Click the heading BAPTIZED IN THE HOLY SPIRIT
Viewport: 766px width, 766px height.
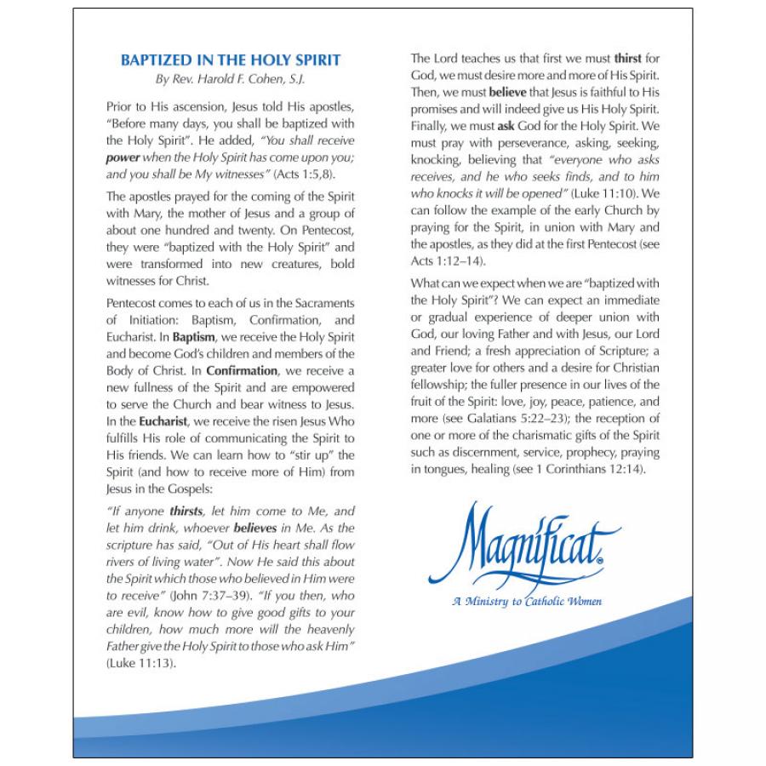tap(231, 60)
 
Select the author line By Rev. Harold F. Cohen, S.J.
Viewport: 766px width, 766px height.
tap(231, 80)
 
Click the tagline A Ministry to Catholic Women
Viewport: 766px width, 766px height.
tap(528, 602)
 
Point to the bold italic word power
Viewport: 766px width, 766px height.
tap(123, 157)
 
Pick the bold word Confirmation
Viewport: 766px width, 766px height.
tap(243, 370)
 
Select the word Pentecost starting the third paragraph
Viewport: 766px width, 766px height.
tap(133, 303)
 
